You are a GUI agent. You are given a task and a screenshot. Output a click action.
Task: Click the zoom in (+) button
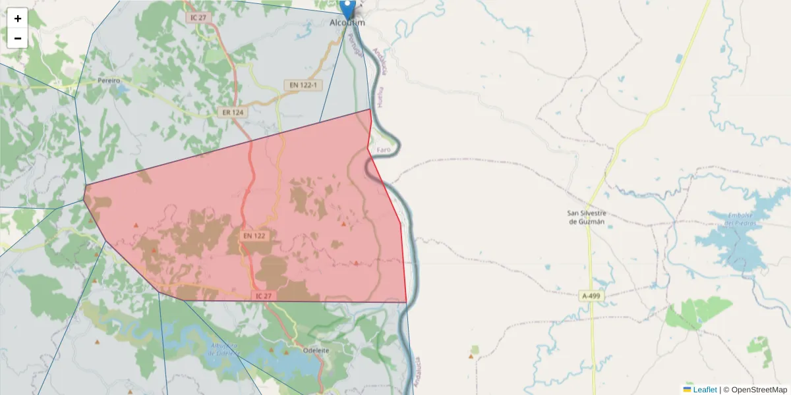18,18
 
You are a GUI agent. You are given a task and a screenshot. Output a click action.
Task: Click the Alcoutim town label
347,23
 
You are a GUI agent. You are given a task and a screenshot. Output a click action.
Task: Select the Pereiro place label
109,80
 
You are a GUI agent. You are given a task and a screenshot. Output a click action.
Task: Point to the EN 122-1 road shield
303,85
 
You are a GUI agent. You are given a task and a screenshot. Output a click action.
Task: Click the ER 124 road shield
233,113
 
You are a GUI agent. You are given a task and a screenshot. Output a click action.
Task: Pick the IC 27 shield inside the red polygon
262,296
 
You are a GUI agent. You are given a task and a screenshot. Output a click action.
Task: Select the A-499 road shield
591,296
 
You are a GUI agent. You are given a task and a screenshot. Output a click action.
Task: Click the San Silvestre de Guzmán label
587,217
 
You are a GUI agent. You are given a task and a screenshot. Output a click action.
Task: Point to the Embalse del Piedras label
739,219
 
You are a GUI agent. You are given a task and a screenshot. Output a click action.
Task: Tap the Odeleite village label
315,350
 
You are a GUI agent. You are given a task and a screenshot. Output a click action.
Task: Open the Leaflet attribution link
704,390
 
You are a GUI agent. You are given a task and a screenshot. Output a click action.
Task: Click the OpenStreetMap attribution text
759,390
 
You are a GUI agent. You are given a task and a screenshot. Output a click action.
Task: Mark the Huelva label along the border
380,97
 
